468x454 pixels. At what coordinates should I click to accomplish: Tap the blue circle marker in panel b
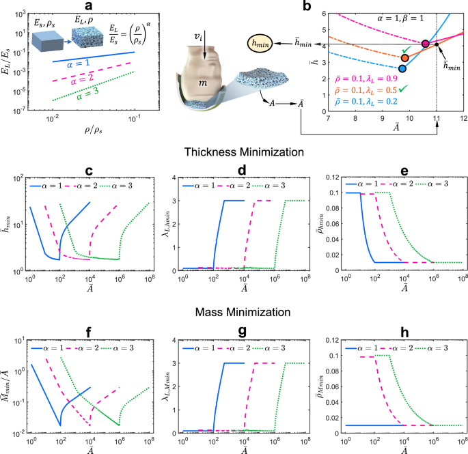coord(402,68)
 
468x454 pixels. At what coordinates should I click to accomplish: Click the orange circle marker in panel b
coord(404,58)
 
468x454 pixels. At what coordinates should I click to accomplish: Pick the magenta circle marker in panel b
coord(426,44)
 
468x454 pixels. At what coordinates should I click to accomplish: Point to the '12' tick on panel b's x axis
coord(463,119)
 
